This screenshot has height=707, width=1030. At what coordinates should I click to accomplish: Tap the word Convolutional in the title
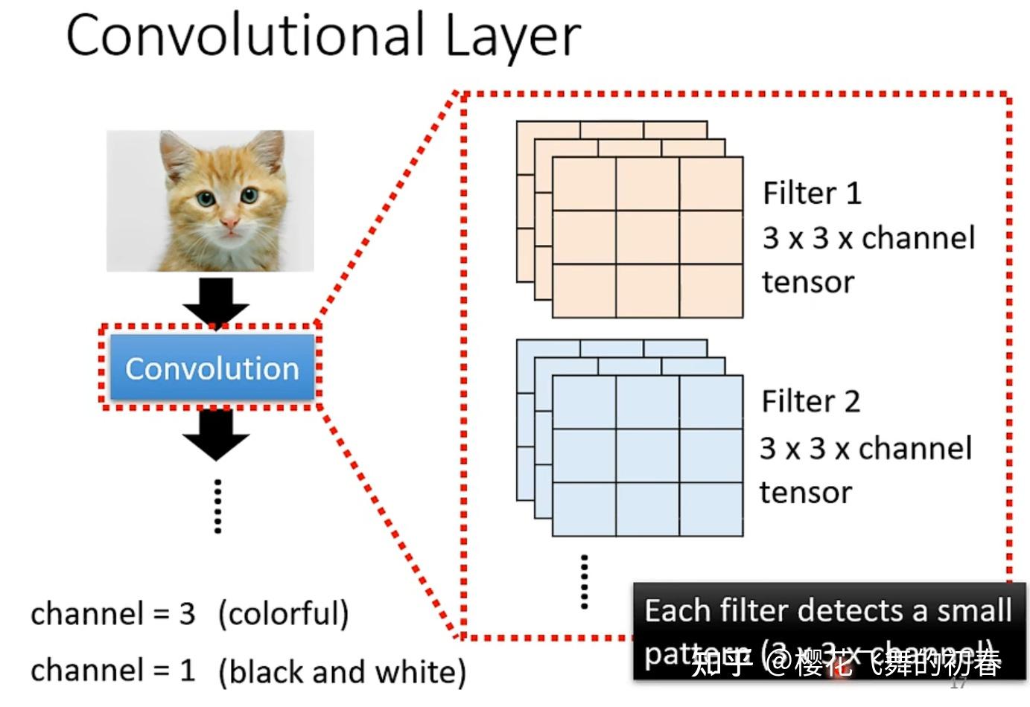(x=245, y=36)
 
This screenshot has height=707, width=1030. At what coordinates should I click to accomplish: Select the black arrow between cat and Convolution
(x=216, y=301)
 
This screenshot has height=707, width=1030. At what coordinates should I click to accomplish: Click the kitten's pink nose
(x=229, y=221)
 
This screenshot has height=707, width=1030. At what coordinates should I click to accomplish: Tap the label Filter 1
(x=812, y=193)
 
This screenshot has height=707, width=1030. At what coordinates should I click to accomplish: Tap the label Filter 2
(x=810, y=402)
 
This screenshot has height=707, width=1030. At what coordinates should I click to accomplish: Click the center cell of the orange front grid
(x=647, y=237)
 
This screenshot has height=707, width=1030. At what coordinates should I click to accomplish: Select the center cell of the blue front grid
(x=647, y=455)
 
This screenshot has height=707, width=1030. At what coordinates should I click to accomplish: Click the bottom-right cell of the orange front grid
(x=710, y=290)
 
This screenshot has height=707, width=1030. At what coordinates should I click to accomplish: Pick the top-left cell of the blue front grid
(x=584, y=402)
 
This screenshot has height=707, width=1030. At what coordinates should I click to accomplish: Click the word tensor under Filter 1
(x=808, y=283)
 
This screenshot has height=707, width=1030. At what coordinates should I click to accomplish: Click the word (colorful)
(x=283, y=614)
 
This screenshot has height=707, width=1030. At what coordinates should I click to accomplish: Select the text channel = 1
(x=112, y=670)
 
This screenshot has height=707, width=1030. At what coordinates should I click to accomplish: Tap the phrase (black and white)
(x=342, y=671)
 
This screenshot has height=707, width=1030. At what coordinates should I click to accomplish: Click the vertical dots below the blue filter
(x=584, y=581)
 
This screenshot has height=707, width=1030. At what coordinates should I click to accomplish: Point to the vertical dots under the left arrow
(x=217, y=506)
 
